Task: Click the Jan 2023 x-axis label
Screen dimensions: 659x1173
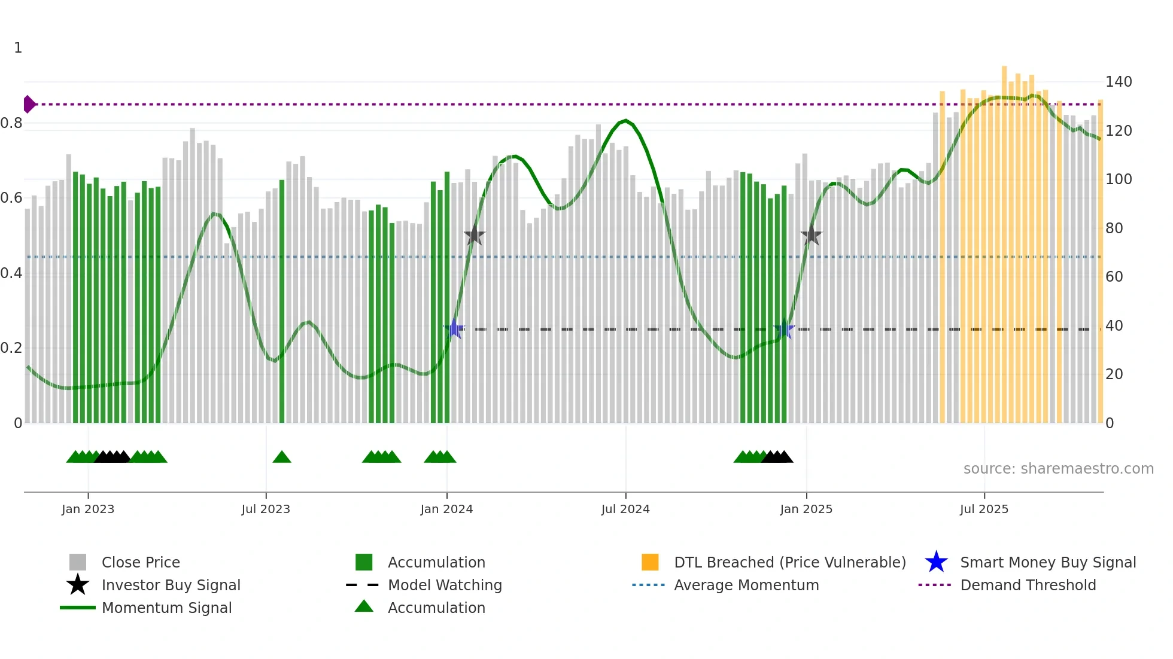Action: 88,509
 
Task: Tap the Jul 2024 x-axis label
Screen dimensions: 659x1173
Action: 625,509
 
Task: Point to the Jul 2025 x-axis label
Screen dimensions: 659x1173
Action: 984,509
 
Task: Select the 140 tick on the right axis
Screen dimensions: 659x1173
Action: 1118,81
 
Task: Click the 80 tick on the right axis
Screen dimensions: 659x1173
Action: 1114,228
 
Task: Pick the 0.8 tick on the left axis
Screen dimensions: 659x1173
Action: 11,123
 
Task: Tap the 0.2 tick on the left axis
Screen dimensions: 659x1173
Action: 11,348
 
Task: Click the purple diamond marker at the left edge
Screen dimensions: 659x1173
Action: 29,104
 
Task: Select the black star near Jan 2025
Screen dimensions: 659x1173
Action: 812,236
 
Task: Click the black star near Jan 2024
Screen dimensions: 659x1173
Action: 474,236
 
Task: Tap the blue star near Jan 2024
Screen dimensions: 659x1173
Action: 454,329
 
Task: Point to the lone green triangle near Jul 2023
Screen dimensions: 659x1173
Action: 282,457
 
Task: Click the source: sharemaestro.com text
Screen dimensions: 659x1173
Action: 1058,469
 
